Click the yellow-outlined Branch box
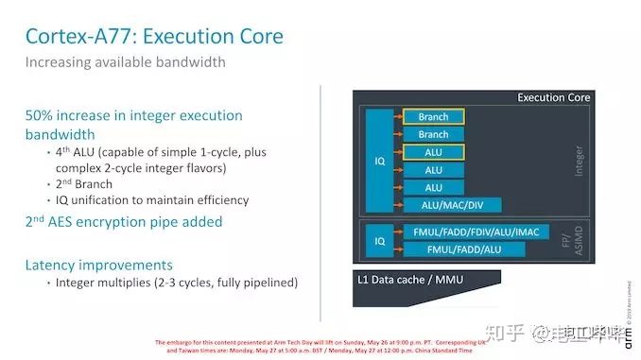point(433,117)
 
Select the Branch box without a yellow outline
point(433,135)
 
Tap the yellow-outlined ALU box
point(433,152)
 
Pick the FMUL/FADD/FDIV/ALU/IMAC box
point(475,232)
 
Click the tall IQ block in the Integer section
point(380,161)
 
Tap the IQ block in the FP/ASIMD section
point(380,241)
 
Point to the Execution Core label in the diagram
point(553,97)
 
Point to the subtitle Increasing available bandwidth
point(125,63)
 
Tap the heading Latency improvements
point(99,266)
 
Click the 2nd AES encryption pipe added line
point(124,222)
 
